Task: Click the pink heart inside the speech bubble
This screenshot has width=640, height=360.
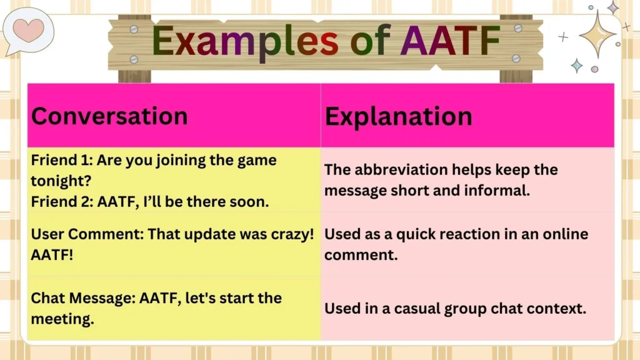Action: coord(28,29)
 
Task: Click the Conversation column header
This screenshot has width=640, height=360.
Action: coord(109,116)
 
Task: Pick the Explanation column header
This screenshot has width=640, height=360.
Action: coord(398,116)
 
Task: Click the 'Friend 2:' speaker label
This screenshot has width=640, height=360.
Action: coord(58,201)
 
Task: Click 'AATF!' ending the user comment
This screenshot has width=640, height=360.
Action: coord(52,255)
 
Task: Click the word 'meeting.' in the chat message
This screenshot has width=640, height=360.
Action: coord(62,319)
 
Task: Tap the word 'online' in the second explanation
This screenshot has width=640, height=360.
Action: coord(564,234)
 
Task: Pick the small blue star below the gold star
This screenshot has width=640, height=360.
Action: coord(576,66)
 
